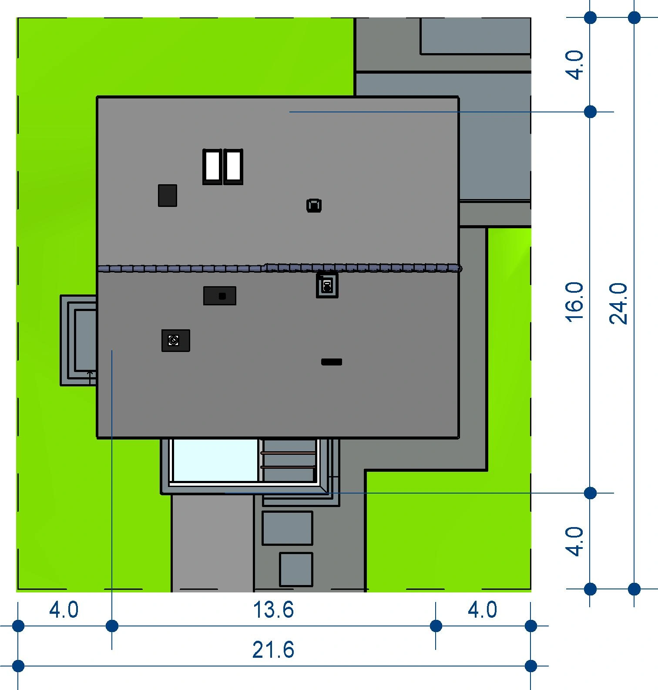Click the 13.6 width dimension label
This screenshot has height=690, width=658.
273,610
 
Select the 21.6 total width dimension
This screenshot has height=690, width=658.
273,650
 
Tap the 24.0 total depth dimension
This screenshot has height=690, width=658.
618,303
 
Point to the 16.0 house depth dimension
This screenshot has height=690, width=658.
574,302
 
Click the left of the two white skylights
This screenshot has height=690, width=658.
212,167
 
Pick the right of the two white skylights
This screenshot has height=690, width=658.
233,167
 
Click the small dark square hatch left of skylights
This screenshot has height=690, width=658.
168,195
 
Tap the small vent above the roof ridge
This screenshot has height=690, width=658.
314,205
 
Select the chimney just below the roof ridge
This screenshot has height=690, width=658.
327,285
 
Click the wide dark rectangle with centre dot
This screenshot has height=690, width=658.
220,296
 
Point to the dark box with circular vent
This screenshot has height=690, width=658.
176,340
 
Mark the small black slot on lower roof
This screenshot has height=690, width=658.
332,362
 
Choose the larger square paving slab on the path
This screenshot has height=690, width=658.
287,528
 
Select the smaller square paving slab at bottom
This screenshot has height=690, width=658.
296,569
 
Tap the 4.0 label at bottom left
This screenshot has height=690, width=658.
64,610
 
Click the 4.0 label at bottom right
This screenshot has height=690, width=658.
482,610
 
